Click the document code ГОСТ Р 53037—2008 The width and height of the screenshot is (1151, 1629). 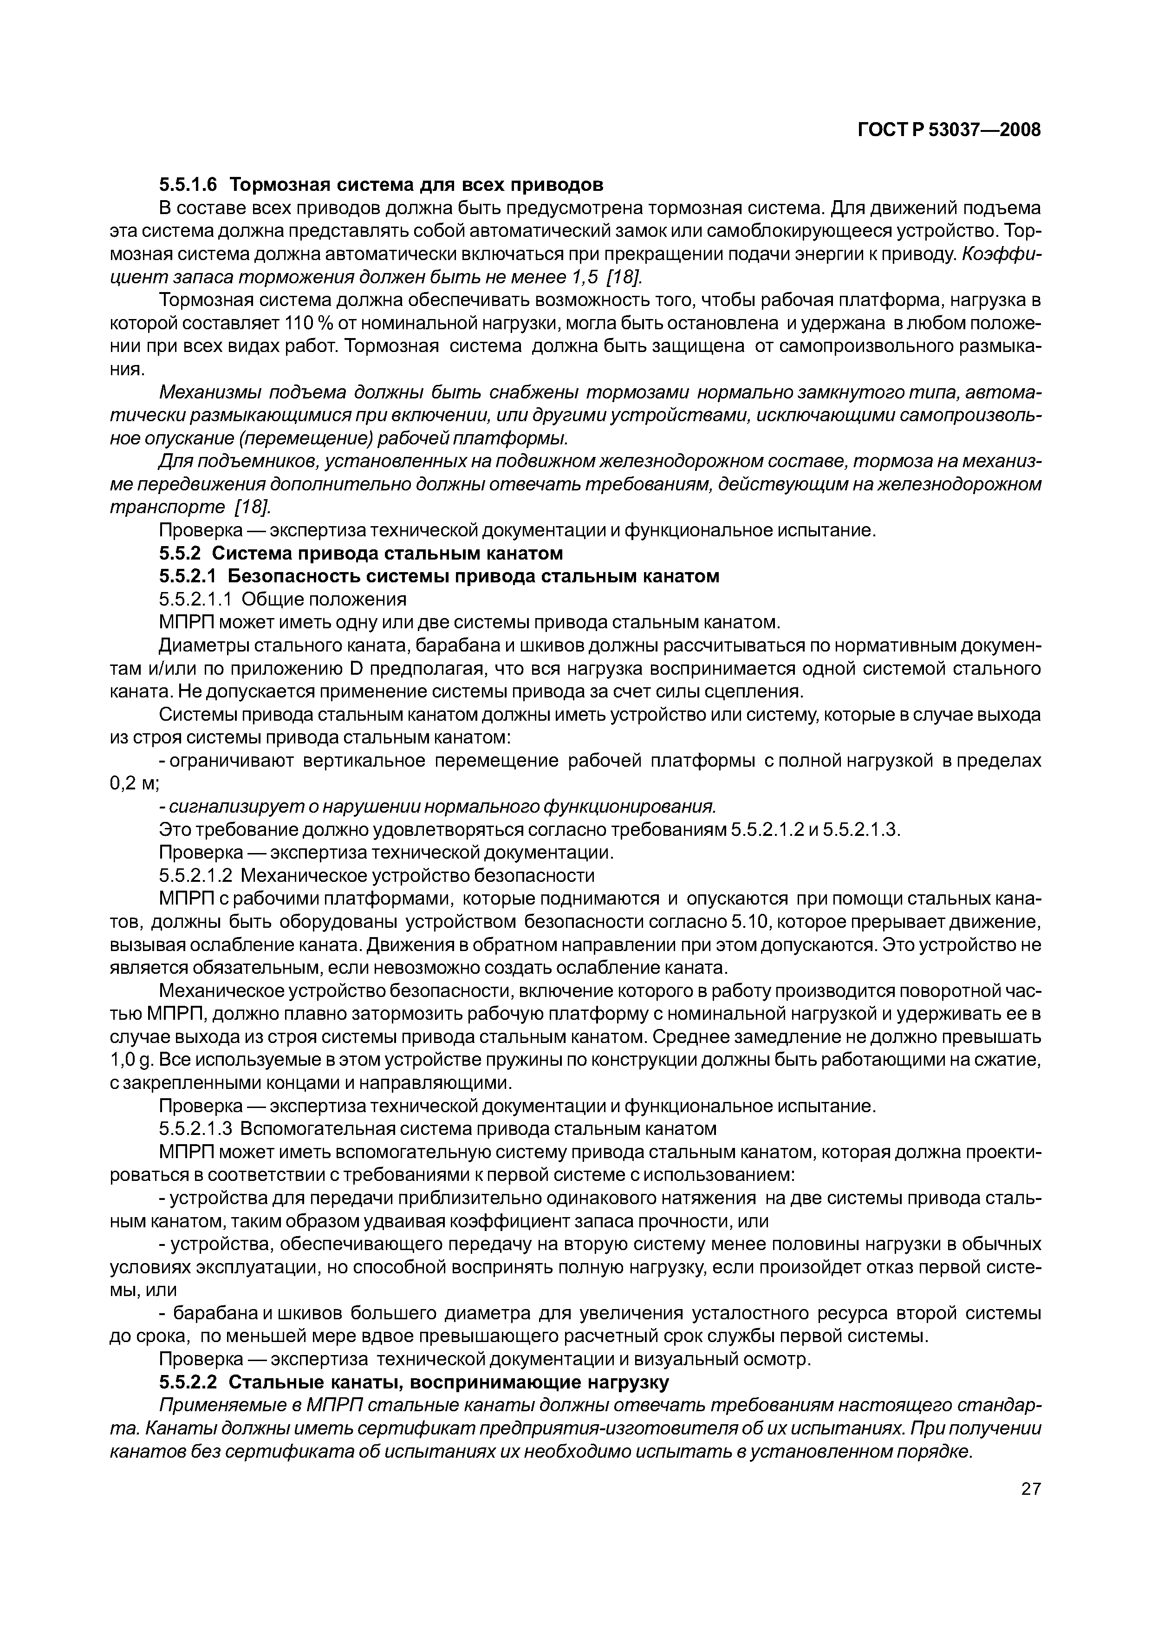[949, 130]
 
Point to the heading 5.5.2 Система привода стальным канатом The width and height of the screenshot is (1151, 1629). [361, 553]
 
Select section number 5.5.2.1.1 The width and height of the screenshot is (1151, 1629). [197, 599]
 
